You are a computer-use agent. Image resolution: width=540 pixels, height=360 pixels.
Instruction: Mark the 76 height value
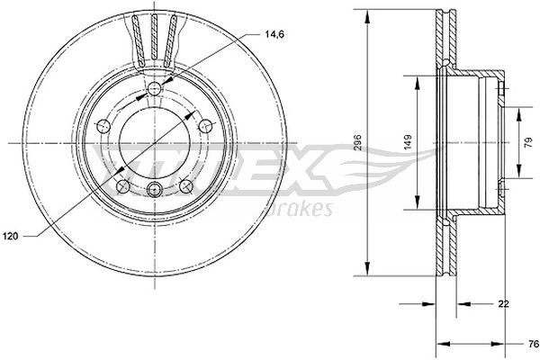tap(531, 344)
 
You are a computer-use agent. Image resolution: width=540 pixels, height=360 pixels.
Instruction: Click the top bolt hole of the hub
tap(154, 87)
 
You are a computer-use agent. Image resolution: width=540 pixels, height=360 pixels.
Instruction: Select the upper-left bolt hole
tap(102, 125)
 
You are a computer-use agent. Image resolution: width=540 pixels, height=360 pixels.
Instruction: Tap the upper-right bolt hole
tap(206, 125)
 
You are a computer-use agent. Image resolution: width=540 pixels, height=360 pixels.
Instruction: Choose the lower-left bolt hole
tap(121, 186)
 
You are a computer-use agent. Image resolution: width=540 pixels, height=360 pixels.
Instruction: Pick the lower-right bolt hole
tap(186, 186)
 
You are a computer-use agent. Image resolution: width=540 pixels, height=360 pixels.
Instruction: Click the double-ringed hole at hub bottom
tap(154, 190)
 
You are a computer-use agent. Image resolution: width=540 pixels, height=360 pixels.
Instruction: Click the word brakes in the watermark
tap(306, 208)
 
